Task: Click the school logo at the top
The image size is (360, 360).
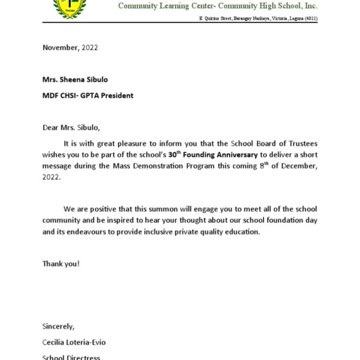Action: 69,8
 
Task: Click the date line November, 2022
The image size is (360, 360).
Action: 70,47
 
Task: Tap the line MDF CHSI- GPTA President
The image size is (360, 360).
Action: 88,95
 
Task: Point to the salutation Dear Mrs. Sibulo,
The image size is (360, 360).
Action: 71,128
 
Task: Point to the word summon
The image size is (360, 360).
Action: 161,209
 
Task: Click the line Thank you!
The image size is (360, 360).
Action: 61,264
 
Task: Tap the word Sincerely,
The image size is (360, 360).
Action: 58,327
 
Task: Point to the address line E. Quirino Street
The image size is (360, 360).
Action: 217,19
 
